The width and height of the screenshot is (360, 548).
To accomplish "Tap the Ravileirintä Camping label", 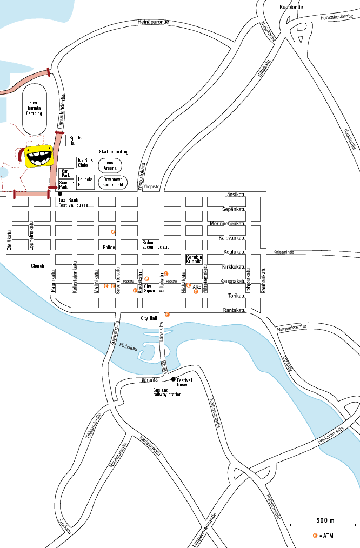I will click(35, 108).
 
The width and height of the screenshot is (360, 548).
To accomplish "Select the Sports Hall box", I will click(76, 141).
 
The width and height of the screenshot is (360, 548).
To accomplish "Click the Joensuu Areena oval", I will click(110, 165).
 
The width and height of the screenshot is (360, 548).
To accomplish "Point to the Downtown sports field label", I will click(113, 182).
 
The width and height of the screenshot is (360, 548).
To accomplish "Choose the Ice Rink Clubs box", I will click(85, 162).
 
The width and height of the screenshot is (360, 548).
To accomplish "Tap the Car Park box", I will click(66, 173).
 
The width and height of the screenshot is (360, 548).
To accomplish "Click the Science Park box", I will click(66, 185).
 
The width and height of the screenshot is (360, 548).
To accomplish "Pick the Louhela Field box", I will click(85, 182).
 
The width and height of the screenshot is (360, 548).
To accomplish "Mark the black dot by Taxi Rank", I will click(60, 193).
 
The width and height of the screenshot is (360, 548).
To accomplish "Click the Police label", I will click(109, 247).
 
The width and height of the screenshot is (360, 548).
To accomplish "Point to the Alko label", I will click(197, 287).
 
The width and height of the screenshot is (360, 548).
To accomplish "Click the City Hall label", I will click(149, 318).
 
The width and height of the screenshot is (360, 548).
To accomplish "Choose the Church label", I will click(37, 266).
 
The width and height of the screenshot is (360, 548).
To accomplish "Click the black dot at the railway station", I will click(173, 379).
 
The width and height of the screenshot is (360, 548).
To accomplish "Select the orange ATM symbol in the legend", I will click(315, 536).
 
